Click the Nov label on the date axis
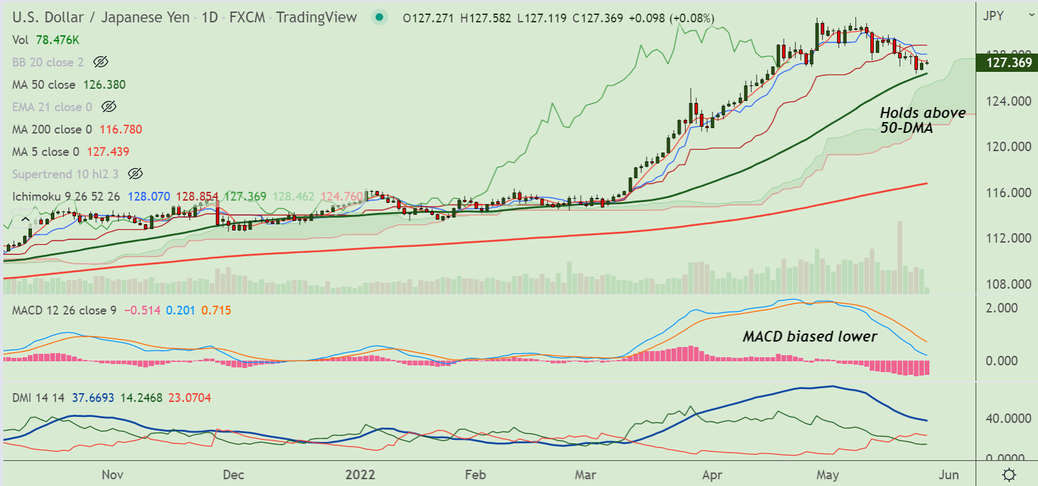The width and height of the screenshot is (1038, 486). click(113, 474)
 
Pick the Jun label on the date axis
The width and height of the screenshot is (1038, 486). click(949, 474)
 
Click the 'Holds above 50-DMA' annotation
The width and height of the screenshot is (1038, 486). click(912, 120)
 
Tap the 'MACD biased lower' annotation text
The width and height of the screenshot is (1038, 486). click(809, 336)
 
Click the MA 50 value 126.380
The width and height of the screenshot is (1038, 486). click(104, 85)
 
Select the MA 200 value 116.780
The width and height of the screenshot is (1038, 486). click(121, 129)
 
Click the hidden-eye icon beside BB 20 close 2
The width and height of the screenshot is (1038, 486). click(100, 62)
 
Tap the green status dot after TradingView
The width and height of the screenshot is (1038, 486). click(379, 18)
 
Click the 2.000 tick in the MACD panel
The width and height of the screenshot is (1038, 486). click(1003, 308)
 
